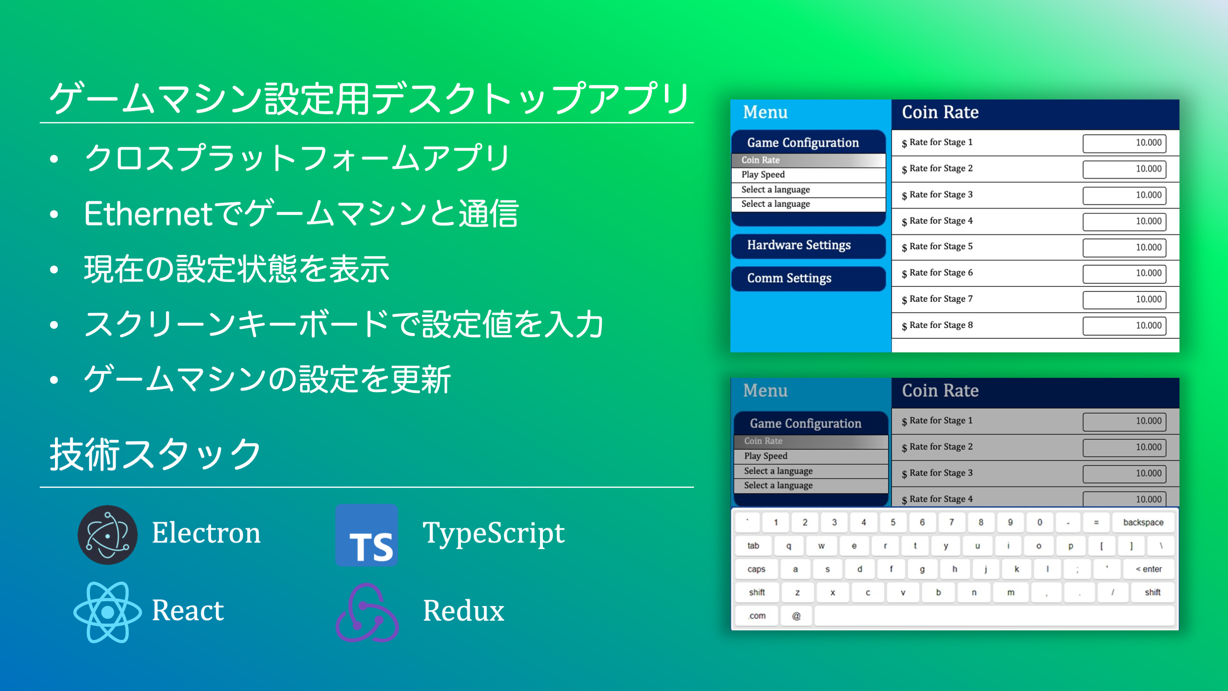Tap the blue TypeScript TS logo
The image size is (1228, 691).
coord(366,535)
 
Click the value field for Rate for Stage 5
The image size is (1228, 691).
coord(1124,248)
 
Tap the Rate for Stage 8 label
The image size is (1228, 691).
coord(937,326)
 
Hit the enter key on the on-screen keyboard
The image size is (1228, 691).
coord(1148,569)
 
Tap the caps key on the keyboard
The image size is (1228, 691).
coord(756,569)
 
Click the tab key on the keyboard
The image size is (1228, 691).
coord(753,545)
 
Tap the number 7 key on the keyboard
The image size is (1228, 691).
coord(951,522)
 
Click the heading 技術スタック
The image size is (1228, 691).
coord(155,454)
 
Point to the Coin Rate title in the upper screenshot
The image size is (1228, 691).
coord(940,112)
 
